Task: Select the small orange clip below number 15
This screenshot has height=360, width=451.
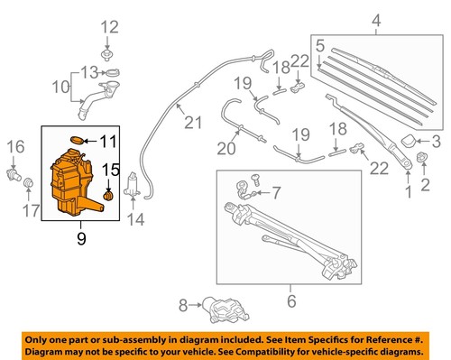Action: (109, 194)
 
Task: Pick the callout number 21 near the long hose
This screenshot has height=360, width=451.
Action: (189, 123)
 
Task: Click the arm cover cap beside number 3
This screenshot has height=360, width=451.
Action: (408, 141)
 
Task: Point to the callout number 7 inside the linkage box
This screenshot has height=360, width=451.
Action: (276, 192)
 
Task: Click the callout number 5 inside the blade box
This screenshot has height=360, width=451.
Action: (319, 42)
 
